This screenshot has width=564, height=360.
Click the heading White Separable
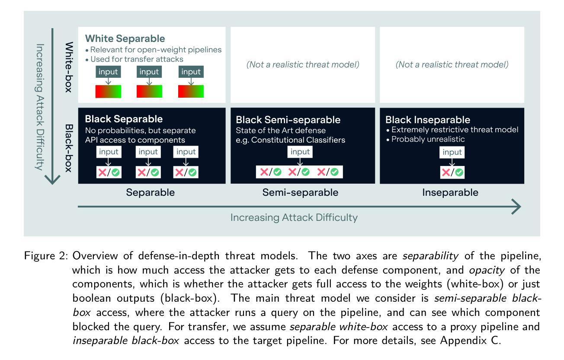tap(125, 38)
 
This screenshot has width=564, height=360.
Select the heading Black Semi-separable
tap(288, 120)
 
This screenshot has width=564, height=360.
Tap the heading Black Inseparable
tap(427, 120)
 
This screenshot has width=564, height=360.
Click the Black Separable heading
tap(124, 119)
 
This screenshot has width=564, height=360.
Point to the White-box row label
tap(69, 67)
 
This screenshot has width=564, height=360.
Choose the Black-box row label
tap(69, 148)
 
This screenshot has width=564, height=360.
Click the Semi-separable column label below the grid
tap(300, 192)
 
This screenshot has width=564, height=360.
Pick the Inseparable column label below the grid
tap(450, 192)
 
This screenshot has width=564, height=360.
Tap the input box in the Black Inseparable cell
tap(452, 152)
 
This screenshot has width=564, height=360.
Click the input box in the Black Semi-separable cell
tap(300, 152)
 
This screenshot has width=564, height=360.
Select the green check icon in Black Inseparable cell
tap(459, 172)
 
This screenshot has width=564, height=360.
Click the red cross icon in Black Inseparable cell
tap(445, 172)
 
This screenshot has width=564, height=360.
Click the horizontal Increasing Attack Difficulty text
tap(294, 218)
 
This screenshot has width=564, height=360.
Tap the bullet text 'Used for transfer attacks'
tap(137, 59)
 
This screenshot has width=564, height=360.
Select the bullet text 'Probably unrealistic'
tap(428, 139)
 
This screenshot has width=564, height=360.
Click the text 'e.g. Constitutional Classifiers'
tap(290, 140)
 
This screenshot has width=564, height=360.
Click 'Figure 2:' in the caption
tap(46, 256)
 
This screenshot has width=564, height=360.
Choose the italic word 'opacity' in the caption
tap(487, 271)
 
